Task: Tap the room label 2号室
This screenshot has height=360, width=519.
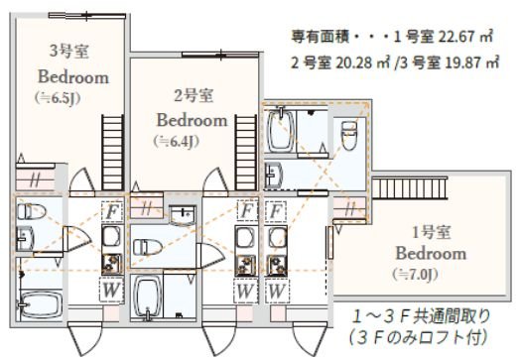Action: coord(191,96)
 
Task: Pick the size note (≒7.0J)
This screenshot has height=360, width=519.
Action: coord(415,273)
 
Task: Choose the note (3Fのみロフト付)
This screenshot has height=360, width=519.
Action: coord(418,338)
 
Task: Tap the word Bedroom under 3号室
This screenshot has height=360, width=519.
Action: coord(72,75)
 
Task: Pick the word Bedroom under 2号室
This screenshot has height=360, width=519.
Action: coord(191,119)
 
